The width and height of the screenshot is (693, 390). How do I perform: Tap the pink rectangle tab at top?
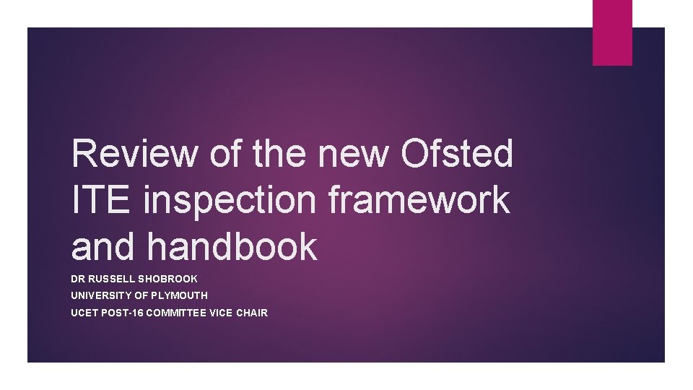tap(612, 32)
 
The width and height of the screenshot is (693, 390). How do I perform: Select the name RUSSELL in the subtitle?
tap(113, 278)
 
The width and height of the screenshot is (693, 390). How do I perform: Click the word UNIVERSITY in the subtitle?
tap(100, 295)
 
